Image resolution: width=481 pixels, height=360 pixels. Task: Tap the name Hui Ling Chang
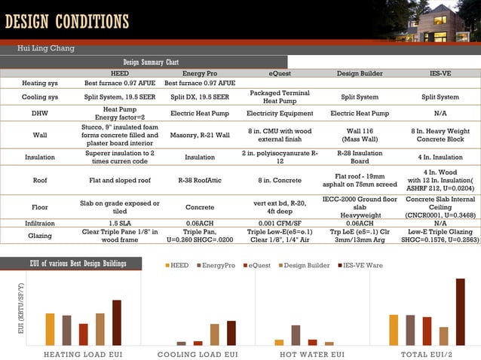46,48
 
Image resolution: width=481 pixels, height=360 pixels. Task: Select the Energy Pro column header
199,74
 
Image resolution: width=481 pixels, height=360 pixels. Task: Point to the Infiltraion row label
40,224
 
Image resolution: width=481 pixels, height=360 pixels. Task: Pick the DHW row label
40,114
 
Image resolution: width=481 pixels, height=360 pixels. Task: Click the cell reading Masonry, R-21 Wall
200,136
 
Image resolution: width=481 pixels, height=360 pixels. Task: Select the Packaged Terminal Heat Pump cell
280,97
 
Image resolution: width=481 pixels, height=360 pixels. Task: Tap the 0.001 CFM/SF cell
280,224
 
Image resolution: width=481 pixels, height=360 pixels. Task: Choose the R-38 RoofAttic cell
200,181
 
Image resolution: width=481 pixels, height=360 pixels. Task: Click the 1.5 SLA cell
120,224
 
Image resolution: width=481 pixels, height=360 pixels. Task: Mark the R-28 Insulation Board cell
360,157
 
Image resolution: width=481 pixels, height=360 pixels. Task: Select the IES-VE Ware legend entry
360,266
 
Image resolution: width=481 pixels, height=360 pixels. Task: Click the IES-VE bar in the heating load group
117,322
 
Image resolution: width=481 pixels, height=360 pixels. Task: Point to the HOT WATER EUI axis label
312,354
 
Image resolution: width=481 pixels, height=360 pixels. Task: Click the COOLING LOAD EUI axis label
198,354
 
